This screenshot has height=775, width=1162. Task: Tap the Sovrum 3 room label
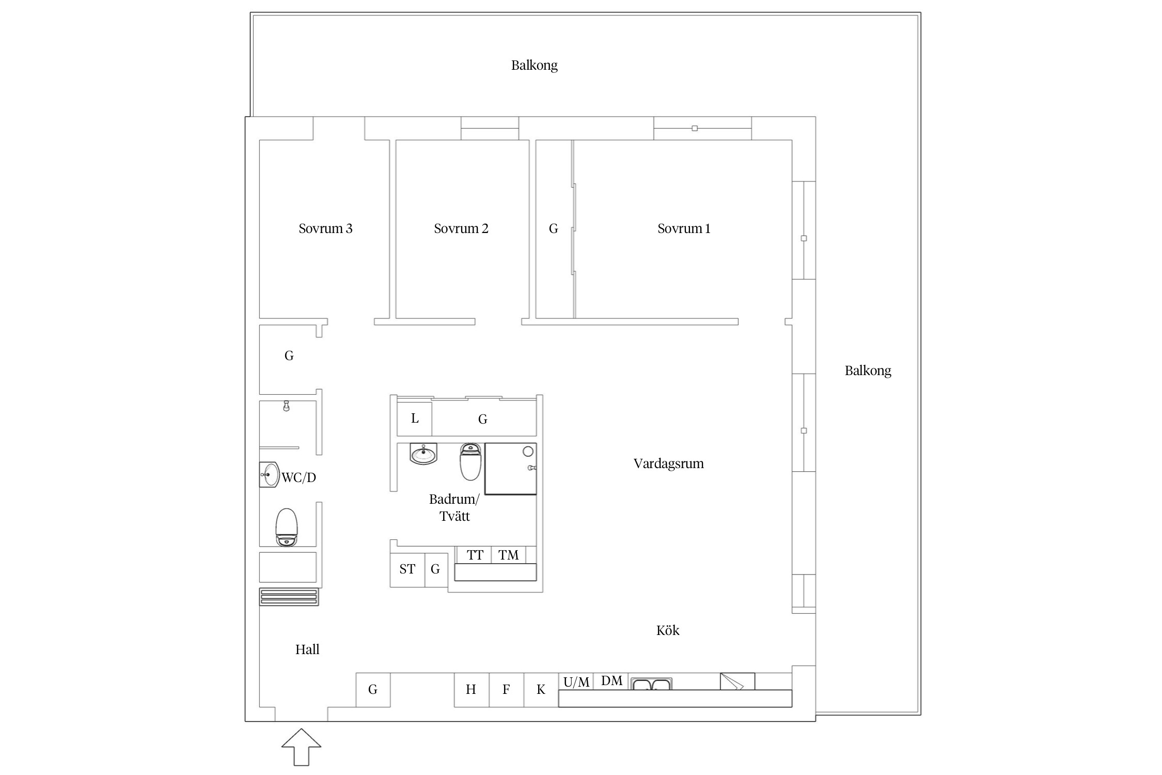[x=325, y=228]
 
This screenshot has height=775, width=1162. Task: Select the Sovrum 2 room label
[x=461, y=228]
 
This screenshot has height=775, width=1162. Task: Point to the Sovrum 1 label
[x=684, y=228]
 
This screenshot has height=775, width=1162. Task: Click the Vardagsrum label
[x=668, y=463]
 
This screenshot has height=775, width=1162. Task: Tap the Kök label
[x=667, y=630]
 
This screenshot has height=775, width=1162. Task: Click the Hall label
[x=307, y=649]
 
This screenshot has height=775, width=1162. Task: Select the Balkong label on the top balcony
[x=534, y=66]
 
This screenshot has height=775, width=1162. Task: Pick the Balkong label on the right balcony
[x=868, y=370]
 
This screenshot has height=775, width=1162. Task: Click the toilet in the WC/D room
[x=287, y=527]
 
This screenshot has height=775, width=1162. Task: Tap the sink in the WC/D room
[x=269, y=474]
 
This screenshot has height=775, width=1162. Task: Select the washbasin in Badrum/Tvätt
[x=423, y=454]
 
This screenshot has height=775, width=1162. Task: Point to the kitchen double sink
[x=651, y=685]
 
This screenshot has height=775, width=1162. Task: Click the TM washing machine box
[x=508, y=555]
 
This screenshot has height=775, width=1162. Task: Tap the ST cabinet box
[x=407, y=569]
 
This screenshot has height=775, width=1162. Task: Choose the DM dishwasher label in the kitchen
[x=611, y=681]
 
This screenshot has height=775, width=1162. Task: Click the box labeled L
[x=414, y=419]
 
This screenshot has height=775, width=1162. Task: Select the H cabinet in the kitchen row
[x=471, y=690]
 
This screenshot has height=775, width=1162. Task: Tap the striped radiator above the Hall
[x=289, y=597]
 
